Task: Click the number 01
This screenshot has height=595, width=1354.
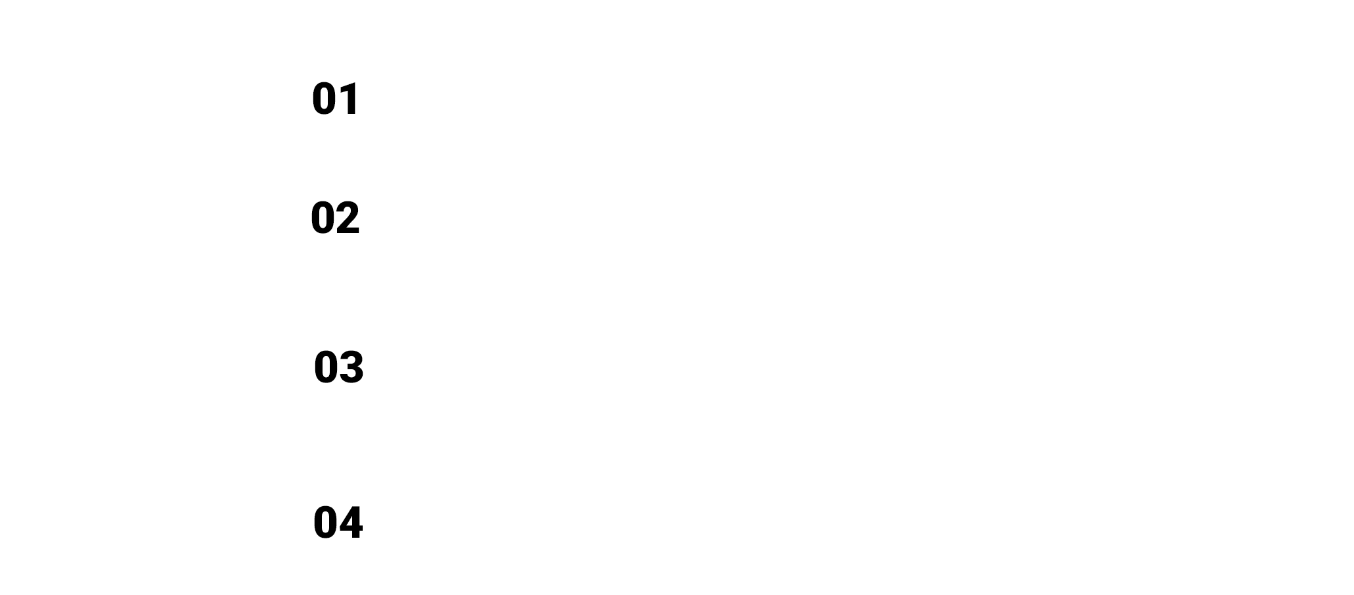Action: [x=336, y=99]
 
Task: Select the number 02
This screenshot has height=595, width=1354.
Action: [x=335, y=218]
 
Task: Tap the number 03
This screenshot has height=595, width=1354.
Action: [x=338, y=367]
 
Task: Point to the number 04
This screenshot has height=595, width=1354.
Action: [x=338, y=523]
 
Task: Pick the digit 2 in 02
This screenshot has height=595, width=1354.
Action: [x=348, y=218]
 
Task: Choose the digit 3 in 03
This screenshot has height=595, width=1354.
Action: [x=352, y=367]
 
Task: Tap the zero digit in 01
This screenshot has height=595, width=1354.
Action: [x=325, y=99]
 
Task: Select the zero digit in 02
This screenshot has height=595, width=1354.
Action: [x=323, y=218]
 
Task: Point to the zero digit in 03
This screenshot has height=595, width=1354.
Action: [x=326, y=367]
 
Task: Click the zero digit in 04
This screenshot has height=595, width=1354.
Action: [x=326, y=523]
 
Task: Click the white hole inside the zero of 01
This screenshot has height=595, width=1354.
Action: [x=325, y=99]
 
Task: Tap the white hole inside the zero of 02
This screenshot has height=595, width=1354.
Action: [x=323, y=218]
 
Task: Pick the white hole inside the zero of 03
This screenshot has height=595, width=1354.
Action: [x=326, y=367]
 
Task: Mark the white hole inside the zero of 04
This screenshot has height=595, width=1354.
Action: [x=326, y=523]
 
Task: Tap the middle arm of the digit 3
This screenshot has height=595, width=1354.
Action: [x=350, y=367]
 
